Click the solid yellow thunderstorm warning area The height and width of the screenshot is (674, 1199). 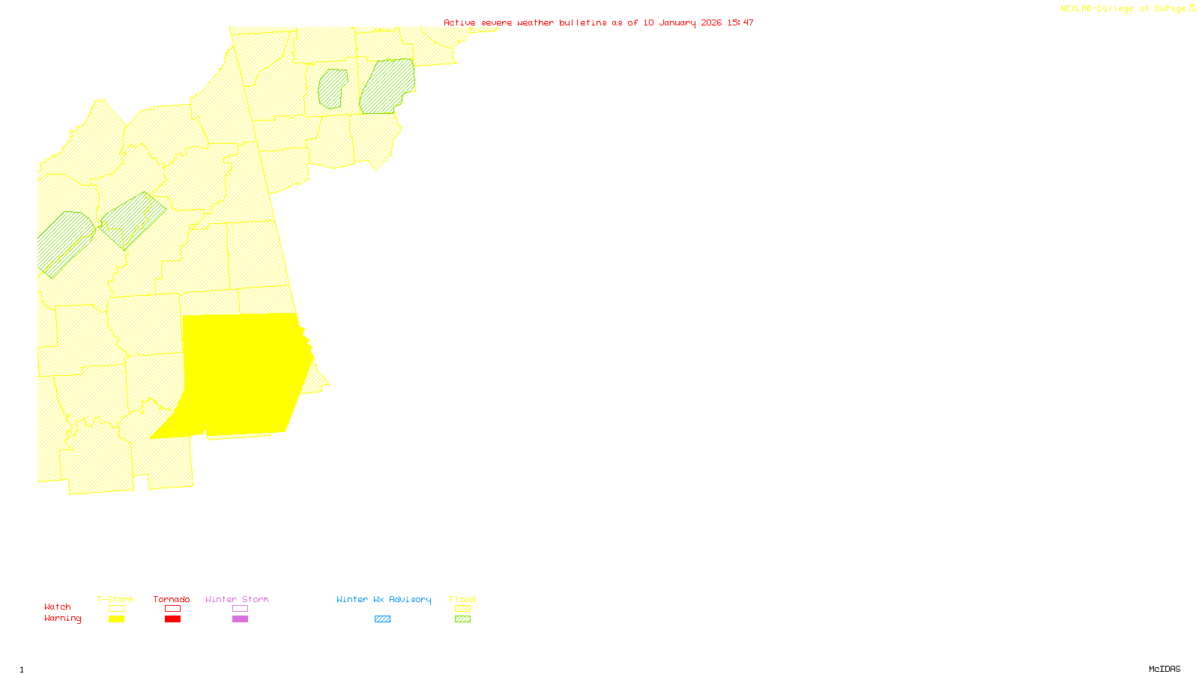pyautogui.click(x=240, y=374)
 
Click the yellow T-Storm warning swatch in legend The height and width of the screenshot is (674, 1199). pyautogui.click(x=116, y=619)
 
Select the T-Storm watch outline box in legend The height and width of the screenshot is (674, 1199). pyautogui.click(x=116, y=609)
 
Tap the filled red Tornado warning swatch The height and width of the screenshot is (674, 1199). pyautogui.click(x=172, y=619)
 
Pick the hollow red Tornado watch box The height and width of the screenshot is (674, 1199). pyautogui.click(x=172, y=609)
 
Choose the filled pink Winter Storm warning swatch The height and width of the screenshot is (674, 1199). pyautogui.click(x=240, y=619)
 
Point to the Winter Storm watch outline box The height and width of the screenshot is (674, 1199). pyautogui.click(x=240, y=609)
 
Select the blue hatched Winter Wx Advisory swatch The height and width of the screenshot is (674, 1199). pyautogui.click(x=382, y=619)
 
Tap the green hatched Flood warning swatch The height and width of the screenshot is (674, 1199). pyautogui.click(x=462, y=619)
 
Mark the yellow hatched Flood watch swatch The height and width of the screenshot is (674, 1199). pyautogui.click(x=462, y=609)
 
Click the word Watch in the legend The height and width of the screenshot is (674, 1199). pyautogui.click(x=58, y=607)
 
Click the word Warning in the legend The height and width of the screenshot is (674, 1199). pyautogui.click(x=63, y=619)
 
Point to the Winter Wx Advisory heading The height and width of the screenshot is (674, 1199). pyautogui.click(x=384, y=599)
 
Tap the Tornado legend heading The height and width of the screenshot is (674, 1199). pyautogui.click(x=172, y=599)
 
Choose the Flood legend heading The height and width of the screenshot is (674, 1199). pyautogui.click(x=462, y=599)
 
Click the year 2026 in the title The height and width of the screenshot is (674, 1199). pyautogui.click(x=712, y=22)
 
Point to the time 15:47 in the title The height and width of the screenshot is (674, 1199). pyautogui.click(x=740, y=22)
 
